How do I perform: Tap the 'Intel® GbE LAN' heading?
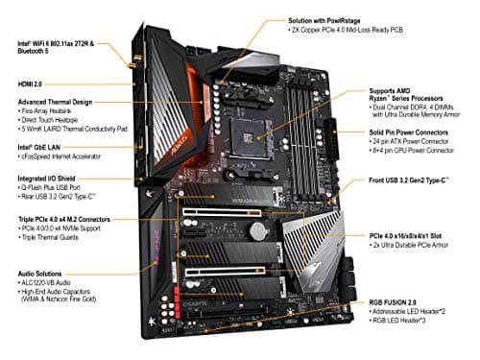[x=34, y=148]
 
